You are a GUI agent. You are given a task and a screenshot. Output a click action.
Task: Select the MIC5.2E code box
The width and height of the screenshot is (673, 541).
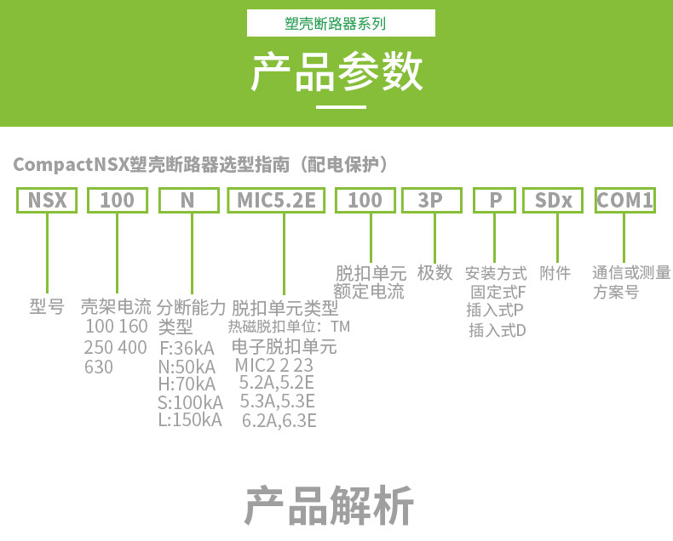[277, 201]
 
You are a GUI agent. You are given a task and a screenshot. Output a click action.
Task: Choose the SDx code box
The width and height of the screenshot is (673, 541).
[553, 201]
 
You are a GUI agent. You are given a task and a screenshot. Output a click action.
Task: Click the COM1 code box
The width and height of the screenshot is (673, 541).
[625, 201]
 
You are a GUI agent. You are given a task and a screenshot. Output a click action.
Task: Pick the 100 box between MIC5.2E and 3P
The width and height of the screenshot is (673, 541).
[365, 201]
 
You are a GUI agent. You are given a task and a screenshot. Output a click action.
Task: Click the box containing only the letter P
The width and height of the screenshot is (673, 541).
[496, 201]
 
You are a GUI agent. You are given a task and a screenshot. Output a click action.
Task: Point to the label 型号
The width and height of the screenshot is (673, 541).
[47, 306]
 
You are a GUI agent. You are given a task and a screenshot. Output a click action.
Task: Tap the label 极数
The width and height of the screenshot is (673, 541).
[434, 273]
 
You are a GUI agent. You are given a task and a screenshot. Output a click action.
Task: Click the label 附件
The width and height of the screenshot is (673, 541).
[555, 273]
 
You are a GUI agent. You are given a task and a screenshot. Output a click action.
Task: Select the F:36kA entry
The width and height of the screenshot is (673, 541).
[187, 349]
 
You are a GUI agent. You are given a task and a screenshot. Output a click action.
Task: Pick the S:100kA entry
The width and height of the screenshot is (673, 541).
[190, 401]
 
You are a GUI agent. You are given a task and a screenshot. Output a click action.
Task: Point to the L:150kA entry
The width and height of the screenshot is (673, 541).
[190, 419]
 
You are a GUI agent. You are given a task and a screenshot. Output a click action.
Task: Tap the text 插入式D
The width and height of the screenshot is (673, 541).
[498, 330]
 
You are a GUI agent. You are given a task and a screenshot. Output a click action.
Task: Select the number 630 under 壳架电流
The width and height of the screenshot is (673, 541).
[99, 367]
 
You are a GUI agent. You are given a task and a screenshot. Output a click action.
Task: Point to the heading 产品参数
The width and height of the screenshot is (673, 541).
[336, 72]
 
